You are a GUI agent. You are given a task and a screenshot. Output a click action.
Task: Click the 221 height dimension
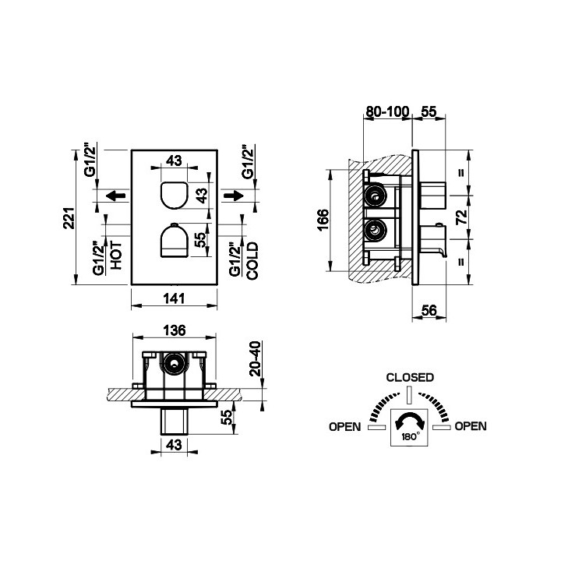(69, 218)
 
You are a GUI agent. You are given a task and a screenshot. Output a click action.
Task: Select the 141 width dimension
(174, 298)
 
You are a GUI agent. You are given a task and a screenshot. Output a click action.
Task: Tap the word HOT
(116, 256)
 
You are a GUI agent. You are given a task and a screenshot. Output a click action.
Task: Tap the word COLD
(252, 261)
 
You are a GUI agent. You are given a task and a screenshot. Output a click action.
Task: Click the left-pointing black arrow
(116, 196)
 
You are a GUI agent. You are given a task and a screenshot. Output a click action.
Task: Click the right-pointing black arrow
(234, 196)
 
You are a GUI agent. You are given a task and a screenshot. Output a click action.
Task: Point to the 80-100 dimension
(386, 111)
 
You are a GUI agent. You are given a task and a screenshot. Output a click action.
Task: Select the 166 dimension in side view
(323, 220)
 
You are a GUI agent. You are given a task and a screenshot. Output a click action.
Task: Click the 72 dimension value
(461, 217)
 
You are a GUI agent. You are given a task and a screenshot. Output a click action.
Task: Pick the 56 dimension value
(429, 310)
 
